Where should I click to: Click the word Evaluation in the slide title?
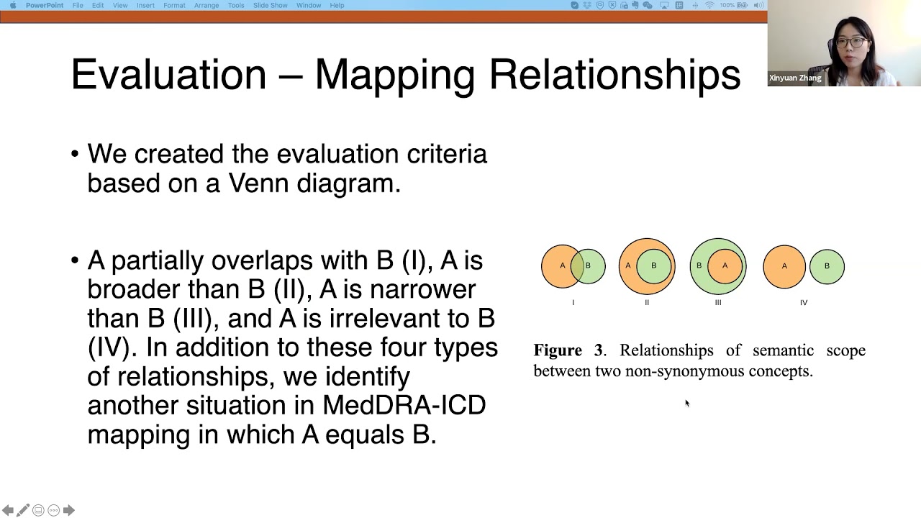168,75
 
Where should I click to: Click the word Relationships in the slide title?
614,75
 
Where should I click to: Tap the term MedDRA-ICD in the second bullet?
404,405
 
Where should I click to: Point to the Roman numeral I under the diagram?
573,303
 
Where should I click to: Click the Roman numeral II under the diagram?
647,303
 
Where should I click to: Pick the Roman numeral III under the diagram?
718,303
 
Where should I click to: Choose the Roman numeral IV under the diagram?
804,303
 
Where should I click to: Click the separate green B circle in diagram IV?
827,266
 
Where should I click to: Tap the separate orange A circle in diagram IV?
784,266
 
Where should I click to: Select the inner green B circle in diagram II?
653,266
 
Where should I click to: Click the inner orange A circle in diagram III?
725,266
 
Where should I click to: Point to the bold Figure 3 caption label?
568,350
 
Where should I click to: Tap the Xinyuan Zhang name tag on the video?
795,78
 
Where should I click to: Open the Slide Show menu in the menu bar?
271,5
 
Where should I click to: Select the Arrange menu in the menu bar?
207,5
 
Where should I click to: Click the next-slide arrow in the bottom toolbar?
69,510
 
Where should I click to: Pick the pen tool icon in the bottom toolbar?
23,510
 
